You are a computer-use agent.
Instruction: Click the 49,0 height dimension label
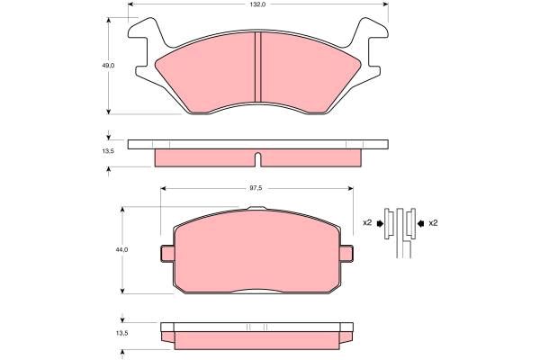[108, 66]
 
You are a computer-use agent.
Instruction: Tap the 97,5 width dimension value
[256, 188]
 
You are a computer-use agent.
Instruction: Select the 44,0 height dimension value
[121, 250]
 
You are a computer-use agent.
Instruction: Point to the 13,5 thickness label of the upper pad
[108, 151]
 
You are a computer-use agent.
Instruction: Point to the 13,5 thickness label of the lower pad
[121, 333]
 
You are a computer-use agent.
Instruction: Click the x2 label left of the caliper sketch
[367, 223]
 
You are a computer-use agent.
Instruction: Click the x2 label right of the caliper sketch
[433, 223]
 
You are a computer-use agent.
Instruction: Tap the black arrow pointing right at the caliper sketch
[380, 223]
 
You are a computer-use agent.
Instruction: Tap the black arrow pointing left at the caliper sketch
[421, 223]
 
